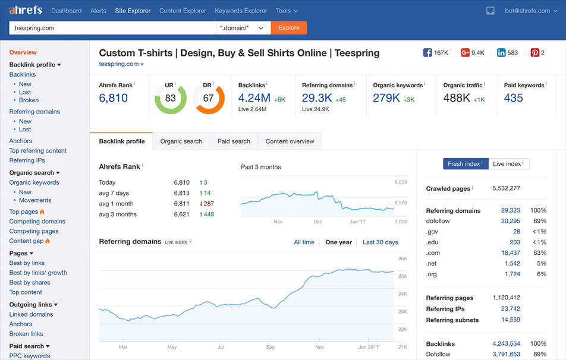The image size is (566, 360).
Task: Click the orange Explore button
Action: [x=289, y=27]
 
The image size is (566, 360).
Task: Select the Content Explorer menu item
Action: [x=183, y=11]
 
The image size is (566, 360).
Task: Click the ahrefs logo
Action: [x=26, y=10]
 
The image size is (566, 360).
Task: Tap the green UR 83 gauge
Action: [x=170, y=98]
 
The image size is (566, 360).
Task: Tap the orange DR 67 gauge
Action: [x=208, y=98]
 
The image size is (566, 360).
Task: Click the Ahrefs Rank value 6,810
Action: [x=114, y=98]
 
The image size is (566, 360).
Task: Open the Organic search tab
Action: [x=181, y=141]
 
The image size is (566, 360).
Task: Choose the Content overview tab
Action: [x=290, y=141]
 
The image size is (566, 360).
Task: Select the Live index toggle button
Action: [x=508, y=164]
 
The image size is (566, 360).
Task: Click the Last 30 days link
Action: [x=381, y=242]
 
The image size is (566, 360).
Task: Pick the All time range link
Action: [x=304, y=242]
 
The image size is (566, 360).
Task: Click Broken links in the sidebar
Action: [x=26, y=334]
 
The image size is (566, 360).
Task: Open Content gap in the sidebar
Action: [x=26, y=241]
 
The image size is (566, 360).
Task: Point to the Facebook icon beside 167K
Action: [x=427, y=53]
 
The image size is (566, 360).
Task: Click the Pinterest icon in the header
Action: [x=535, y=53]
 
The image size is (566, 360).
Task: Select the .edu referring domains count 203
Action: [x=514, y=242]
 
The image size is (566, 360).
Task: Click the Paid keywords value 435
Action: [x=513, y=98]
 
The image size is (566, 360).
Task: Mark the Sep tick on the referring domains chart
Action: [x=271, y=347]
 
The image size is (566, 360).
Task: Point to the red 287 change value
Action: [x=206, y=204]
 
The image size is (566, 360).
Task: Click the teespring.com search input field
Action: [x=112, y=27]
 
